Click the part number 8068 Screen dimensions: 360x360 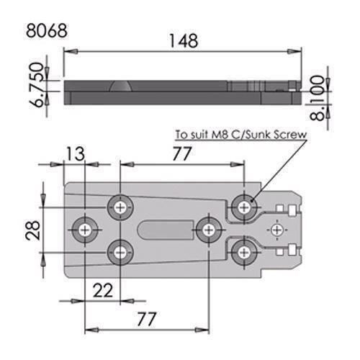coord(46,32)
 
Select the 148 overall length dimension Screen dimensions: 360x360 coord(184,41)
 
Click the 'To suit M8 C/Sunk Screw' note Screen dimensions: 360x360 coord(240,135)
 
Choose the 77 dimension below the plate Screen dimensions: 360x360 coord(147,317)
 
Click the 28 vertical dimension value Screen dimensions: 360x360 coord(30,230)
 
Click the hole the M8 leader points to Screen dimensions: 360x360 coord(246,207)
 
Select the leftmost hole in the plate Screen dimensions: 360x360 coord(86,230)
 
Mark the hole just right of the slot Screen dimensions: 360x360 coord(208,230)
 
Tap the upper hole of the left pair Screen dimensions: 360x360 coord(120,207)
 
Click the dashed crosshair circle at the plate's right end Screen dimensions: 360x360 coord(276,230)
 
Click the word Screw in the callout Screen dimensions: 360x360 coord(289,135)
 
